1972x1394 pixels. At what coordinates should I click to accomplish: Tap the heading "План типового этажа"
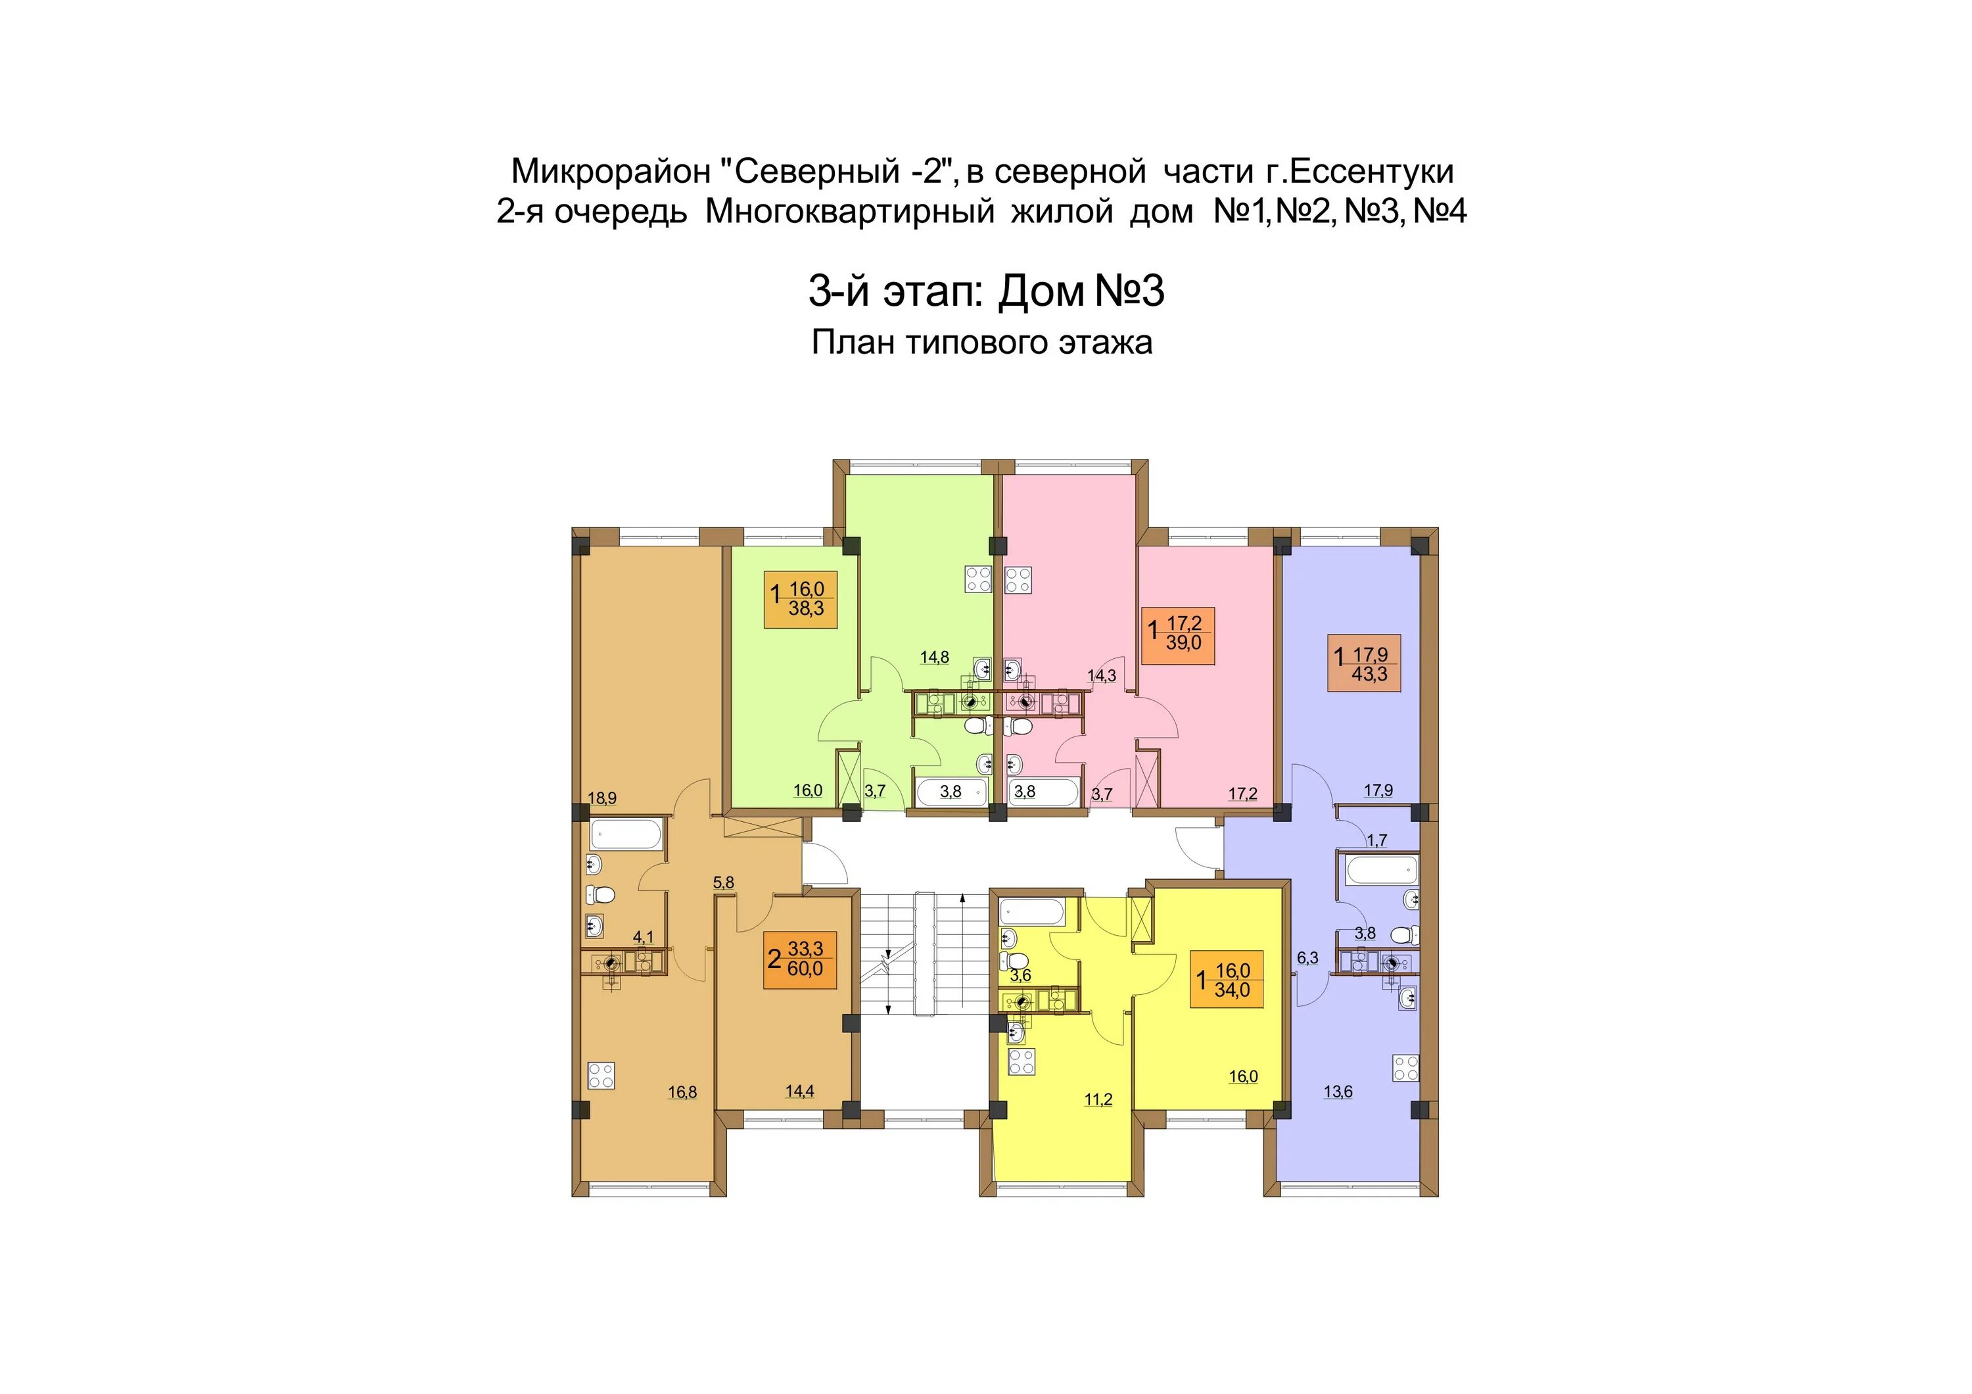click(x=981, y=343)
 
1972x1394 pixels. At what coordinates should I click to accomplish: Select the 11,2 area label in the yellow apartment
click(x=1098, y=1099)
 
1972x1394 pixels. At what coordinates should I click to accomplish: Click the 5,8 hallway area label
click(x=724, y=882)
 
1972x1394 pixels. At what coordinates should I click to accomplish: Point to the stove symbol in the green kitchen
click(x=978, y=579)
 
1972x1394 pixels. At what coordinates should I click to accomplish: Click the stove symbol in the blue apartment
click(x=1406, y=1069)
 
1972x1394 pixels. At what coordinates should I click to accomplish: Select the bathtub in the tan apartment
click(x=626, y=833)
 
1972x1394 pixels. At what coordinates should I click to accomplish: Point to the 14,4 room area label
click(x=799, y=1092)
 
